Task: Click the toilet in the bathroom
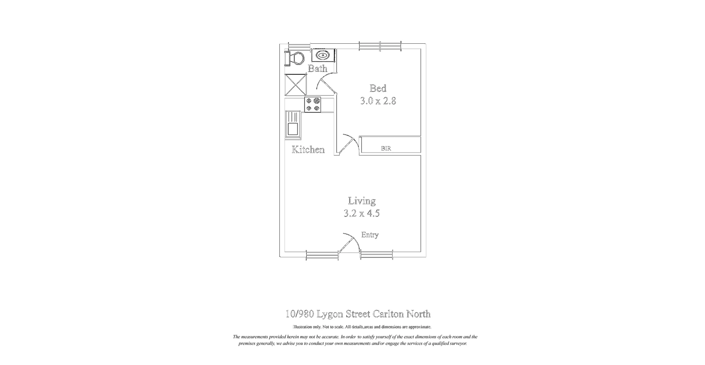(296, 58)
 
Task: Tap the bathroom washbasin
(323, 56)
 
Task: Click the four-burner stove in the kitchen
(313, 104)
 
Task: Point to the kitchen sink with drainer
(293, 124)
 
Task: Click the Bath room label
(317, 68)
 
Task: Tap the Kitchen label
(308, 150)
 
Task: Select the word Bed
(378, 88)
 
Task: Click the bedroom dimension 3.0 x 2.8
(378, 101)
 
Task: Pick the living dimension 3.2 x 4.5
(361, 213)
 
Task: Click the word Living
(362, 201)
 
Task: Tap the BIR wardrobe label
(386, 148)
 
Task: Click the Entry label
(369, 235)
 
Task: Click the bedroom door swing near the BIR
(347, 143)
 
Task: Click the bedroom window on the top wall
(380, 46)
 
